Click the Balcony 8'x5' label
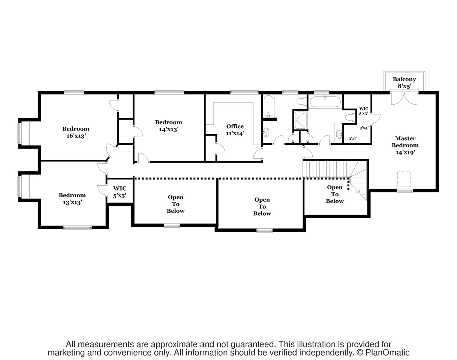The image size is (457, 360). tap(404, 82)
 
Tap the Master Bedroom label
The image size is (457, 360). tap(405, 145)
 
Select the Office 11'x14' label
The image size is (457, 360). tap(235, 130)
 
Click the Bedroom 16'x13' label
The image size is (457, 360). tap(76, 132)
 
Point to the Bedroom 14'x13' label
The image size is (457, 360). tap(168, 126)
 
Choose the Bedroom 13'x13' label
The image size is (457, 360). tap(72, 198)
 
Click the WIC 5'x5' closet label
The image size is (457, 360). tap(120, 192)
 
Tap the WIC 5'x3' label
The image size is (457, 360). tap(363, 111)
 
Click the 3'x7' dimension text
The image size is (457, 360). tap(353, 139)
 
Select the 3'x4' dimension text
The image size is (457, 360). tap(364, 128)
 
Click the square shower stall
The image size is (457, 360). tap(300, 120)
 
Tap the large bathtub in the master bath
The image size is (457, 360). tap(325, 102)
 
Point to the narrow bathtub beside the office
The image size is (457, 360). tap(268, 106)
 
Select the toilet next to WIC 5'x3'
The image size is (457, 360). tap(350, 117)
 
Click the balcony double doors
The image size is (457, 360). tap(404, 98)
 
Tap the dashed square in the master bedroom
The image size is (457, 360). tap(404, 179)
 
